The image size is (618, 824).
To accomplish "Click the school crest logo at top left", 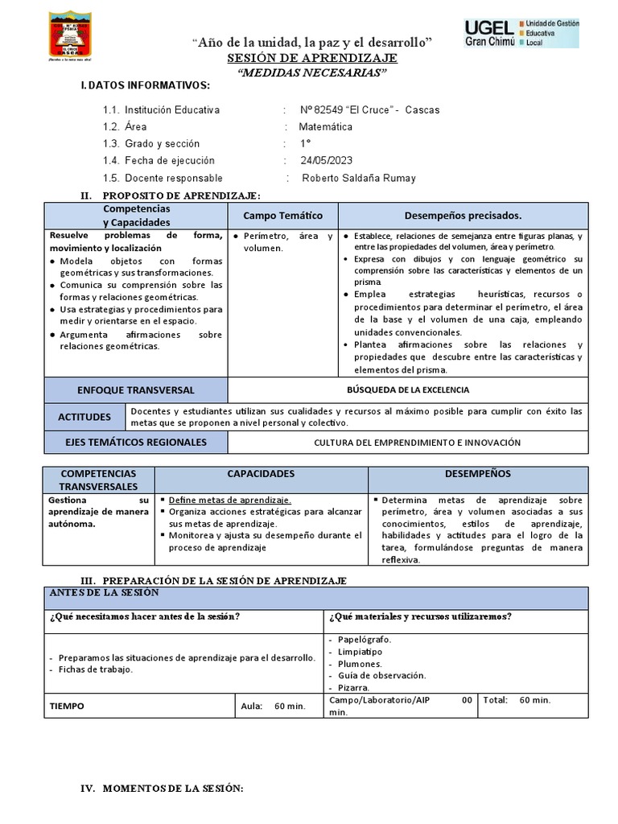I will (73, 38).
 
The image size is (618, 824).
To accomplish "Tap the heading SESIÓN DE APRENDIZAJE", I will (311, 59).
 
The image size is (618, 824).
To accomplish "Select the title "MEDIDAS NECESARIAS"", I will (311, 72).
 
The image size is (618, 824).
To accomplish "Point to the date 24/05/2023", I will (326, 161).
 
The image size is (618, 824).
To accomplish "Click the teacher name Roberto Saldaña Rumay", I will (358, 179).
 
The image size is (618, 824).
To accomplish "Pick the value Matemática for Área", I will (325, 127).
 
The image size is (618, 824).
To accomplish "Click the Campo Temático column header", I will (282, 216).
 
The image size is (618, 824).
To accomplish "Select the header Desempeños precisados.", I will (462, 216).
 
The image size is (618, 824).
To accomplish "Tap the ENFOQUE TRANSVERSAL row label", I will (135, 390).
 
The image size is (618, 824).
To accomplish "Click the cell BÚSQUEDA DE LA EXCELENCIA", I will (407, 390).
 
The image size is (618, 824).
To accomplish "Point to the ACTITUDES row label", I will (84, 417).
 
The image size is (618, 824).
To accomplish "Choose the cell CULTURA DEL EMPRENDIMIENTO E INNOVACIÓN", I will (417, 443).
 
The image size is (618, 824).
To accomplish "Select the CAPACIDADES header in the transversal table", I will (261, 474).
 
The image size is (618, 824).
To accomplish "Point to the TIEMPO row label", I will (67, 707).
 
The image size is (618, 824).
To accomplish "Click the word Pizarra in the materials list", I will (354, 688).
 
